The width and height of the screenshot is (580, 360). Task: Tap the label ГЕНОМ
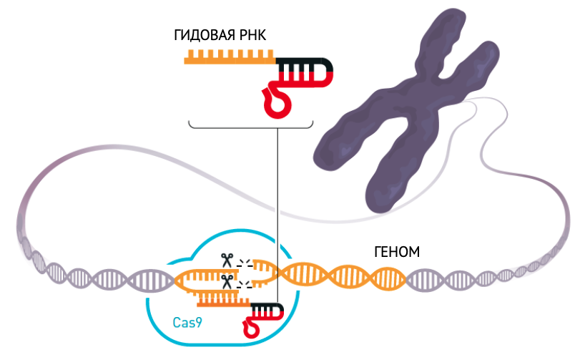pyautogui.click(x=397, y=252)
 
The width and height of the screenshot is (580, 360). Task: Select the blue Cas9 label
pyautogui.click(x=187, y=323)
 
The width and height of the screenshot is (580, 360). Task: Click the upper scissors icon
pyautogui.click(x=227, y=260)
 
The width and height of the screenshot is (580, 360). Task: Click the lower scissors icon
pyautogui.click(x=227, y=281)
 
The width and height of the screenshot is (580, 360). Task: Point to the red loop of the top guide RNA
pyautogui.click(x=277, y=103)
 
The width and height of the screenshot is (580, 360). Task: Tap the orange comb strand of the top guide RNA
pyautogui.click(x=230, y=57)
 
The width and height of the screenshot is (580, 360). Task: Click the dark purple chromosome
pyautogui.click(x=407, y=111)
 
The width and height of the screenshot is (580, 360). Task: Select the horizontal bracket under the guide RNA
pyautogui.click(x=251, y=126)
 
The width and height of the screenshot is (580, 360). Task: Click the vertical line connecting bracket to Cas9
pyautogui.click(x=277, y=215)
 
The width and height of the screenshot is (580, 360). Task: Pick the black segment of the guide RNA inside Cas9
pyautogui.click(x=267, y=308)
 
